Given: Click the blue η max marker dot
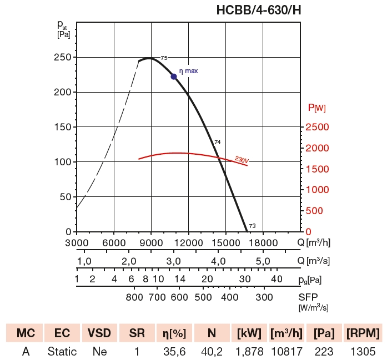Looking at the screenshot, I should [174, 77].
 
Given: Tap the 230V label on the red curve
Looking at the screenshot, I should [242, 160].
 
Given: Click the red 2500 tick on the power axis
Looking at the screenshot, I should [317, 127].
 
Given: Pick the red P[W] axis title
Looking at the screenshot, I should [316, 108].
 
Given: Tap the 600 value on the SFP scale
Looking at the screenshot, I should [179, 297].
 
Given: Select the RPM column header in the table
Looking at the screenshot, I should [363, 333].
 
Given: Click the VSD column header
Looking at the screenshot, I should [100, 333].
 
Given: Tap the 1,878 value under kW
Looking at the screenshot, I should [249, 351].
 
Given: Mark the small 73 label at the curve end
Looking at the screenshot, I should [252, 226].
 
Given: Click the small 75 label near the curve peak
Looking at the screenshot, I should [164, 58].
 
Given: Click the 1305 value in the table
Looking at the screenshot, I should [363, 351].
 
